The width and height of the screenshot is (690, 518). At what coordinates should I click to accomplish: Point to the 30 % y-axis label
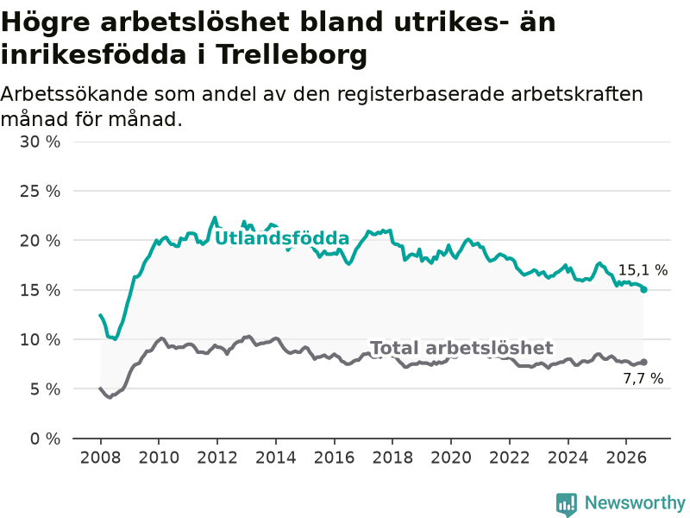40,142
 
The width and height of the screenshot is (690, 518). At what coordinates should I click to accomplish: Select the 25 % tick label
40,191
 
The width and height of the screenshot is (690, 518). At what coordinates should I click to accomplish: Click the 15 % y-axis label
40,290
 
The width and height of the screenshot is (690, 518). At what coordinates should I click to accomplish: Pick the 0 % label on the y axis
46,439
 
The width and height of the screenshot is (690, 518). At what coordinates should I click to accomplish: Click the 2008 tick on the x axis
100,458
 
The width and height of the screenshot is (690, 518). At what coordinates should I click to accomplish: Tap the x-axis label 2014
275,458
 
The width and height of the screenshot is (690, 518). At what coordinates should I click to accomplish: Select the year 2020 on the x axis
451,458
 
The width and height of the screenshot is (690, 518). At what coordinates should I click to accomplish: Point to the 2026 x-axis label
626,458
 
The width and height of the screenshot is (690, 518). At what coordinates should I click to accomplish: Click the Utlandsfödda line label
282,238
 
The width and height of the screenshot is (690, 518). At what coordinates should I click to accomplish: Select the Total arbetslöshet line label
461,348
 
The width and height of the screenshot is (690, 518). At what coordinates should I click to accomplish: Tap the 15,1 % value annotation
643,270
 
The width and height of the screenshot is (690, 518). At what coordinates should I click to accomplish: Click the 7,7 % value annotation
643,378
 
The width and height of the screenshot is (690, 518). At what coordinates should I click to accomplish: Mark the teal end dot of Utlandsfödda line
643,289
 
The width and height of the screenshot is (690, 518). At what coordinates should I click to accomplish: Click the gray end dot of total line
643,362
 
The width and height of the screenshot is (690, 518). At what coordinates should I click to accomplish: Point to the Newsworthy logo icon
567,504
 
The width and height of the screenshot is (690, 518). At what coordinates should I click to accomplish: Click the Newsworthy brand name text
635,502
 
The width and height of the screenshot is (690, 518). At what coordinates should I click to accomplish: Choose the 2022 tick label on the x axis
510,458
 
